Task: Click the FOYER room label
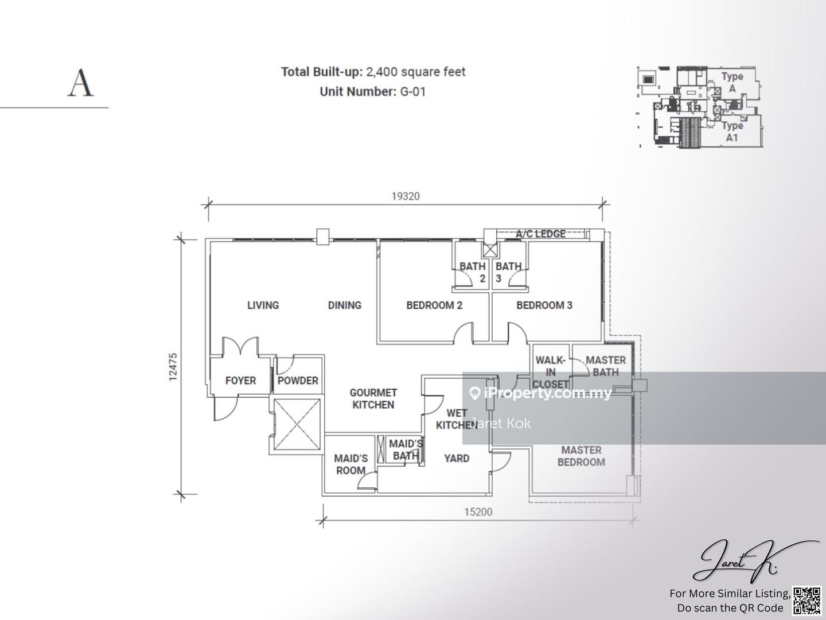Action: pyautogui.click(x=240, y=381)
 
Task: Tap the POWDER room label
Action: pyautogui.click(x=298, y=381)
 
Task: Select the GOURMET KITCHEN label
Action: pyautogui.click(x=373, y=398)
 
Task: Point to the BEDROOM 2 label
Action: pyautogui.click(x=434, y=305)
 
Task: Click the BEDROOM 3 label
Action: pyautogui.click(x=544, y=305)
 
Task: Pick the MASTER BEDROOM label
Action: pyautogui.click(x=582, y=456)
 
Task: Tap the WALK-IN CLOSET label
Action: pyautogui.click(x=551, y=373)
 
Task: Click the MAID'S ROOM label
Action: pyautogui.click(x=350, y=464)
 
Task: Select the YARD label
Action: pyautogui.click(x=457, y=459)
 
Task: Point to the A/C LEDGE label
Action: pyautogui.click(x=540, y=234)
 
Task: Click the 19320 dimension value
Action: pyautogui.click(x=406, y=196)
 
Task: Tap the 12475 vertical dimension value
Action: pyautogui.click(x=173, y=367)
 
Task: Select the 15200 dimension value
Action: pyautogui.click(x=478, y=512)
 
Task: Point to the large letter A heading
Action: pyautogui.click(x=80, y=83)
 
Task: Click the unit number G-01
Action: pyautogui.click(x=413, y=91)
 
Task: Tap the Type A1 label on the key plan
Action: pyautogui.click(x=732, y=132)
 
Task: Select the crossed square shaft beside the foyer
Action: pyautogui.click(x=297, y=425)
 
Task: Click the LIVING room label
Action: pyautogui.click(x=263, y=305)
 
